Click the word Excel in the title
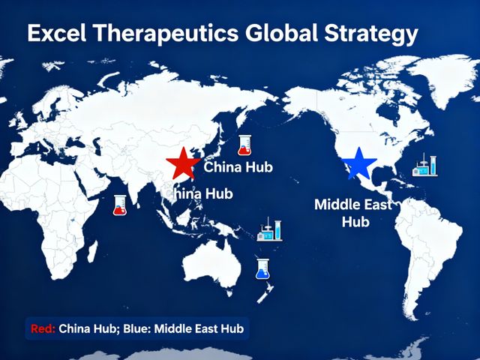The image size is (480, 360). [57, 33]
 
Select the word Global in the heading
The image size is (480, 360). [282, 32]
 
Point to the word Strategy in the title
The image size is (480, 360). [371, 34]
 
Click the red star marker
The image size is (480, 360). [183, 163]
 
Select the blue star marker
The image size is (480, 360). [358, 163]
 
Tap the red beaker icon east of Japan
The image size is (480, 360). [244, 145]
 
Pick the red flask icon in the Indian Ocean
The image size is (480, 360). [120, 205]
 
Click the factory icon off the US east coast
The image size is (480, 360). [425, 165]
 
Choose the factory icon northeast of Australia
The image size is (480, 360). [269, 229]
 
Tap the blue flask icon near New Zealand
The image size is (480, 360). [262, 268]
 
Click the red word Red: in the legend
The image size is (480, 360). [43, 328]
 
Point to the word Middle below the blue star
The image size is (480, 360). [334, 205]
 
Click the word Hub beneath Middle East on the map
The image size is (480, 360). [355, 221]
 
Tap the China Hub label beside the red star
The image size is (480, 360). [238, 167]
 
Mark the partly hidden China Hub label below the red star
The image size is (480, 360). [199, 193]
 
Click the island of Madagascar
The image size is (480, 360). [92, 251]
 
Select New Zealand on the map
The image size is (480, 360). [265, 293]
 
